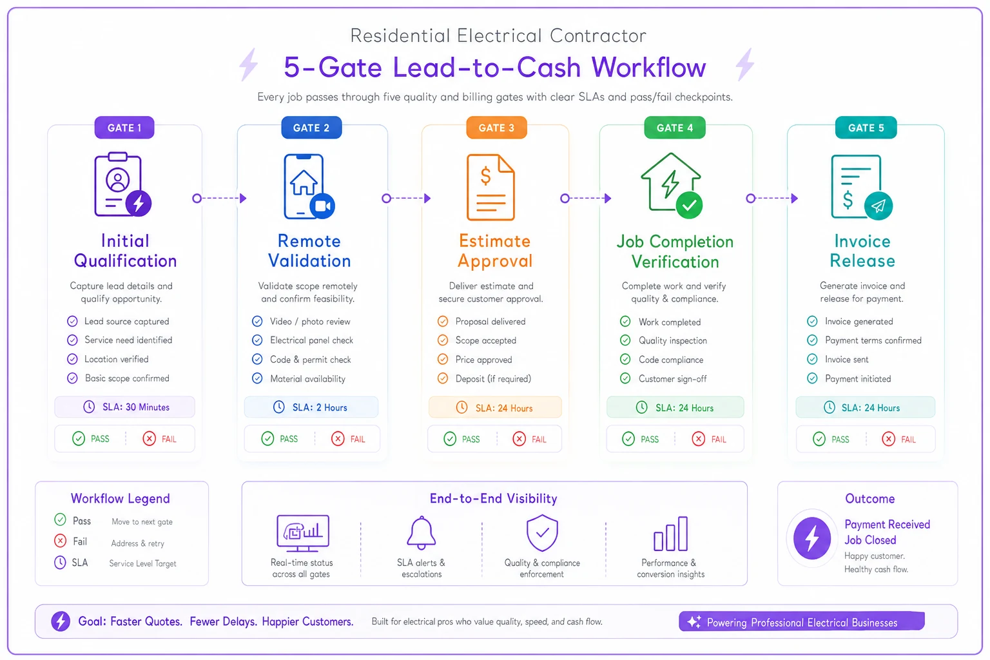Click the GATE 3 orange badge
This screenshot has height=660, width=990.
[x=496, y=128]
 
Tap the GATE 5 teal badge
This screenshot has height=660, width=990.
[x=866, y=128]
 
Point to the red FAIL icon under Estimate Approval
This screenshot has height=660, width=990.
[x=519, y=439]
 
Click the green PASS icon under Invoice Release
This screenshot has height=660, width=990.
[x=819, y=439]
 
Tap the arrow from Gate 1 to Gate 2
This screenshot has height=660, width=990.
[x=219, y=198]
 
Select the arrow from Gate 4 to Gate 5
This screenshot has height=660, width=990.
[x=772, y=198]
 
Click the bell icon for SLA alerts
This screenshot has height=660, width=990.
[x=421, y=532]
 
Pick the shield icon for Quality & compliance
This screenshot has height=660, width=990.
[x=542, y=532]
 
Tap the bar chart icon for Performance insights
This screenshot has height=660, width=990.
[x=670, y=534]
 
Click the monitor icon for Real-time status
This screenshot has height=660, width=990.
[x=303, y=533]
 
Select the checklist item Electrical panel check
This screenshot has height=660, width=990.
[x=311, y=340]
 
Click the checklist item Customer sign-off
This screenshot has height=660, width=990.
[x=672, y=379]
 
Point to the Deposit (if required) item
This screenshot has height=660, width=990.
[x=493, y=379]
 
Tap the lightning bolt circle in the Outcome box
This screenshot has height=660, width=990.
[x=812, y=538]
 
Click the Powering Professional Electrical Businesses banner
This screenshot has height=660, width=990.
[x=802, y=621]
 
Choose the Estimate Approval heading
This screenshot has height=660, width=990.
[x=495, y=251]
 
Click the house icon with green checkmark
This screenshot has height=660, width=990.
[x=672, y=186]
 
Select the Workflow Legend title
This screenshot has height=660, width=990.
[x=121, y=499]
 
